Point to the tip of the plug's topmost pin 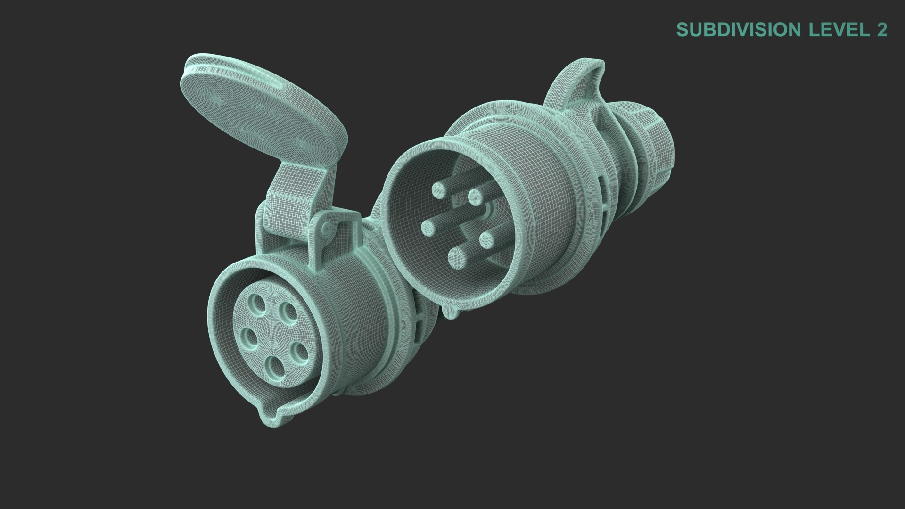point(439,189)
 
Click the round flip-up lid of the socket point(264,108)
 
